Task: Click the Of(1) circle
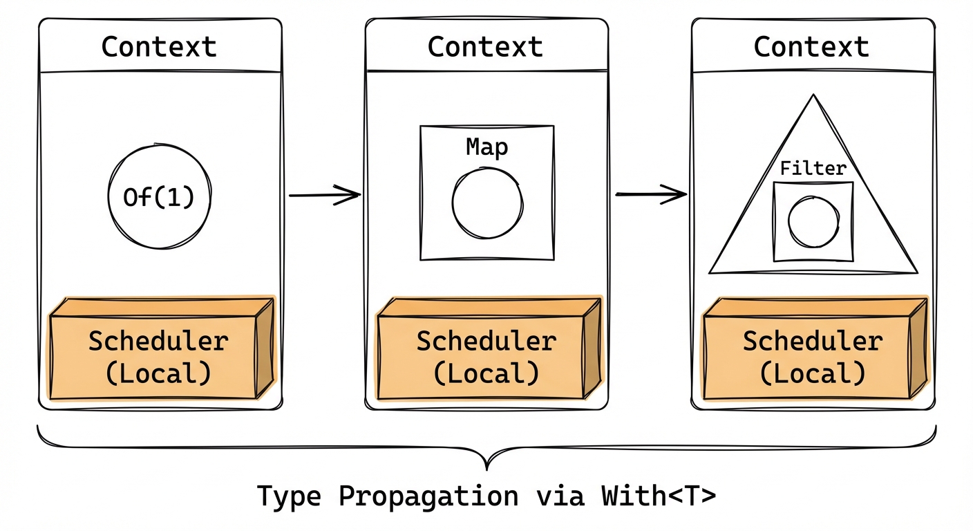(x=158, y=196)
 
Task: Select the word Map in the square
(x=486, y=147)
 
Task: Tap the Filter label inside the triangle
(x=813, y=168)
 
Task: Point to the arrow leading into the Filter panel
(x=650, y=195)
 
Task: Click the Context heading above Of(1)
(x=159, y=47)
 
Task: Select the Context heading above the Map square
(x=485, y=47)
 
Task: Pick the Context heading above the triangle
(x=811, y=47)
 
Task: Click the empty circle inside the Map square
(x=487, y=203)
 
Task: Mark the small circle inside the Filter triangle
(x=813, y=223)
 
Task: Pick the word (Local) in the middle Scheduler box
(x=486, y=374)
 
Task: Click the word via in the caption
(x=557, y=496)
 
